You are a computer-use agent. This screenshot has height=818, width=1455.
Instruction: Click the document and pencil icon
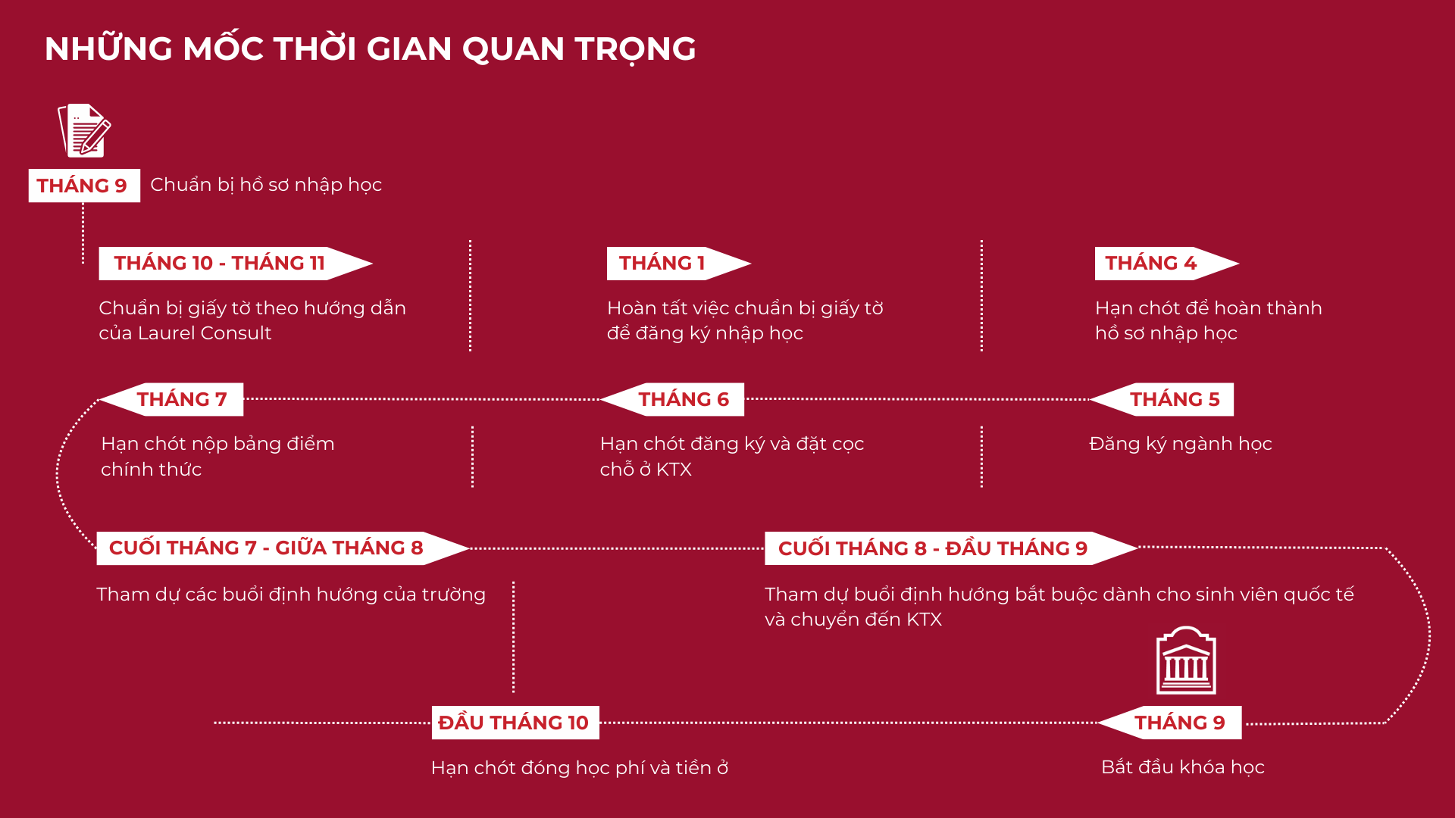pos(85,130)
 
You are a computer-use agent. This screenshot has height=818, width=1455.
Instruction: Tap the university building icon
pos(1186,661)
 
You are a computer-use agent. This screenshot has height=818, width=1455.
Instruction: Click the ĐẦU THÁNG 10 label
pos(514,723)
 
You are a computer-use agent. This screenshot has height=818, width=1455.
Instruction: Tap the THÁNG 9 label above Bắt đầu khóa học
pos(1179,723)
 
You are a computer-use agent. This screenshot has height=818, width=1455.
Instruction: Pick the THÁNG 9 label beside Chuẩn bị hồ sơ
pos(83,186)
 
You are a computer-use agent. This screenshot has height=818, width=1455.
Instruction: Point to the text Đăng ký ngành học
pos(1180,444)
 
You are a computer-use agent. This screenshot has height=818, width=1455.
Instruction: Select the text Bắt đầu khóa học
pos(1182,767)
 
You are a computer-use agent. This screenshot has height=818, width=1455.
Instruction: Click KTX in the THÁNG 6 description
pos(674,470)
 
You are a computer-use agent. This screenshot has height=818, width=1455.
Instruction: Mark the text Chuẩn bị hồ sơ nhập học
pos(266,185)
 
